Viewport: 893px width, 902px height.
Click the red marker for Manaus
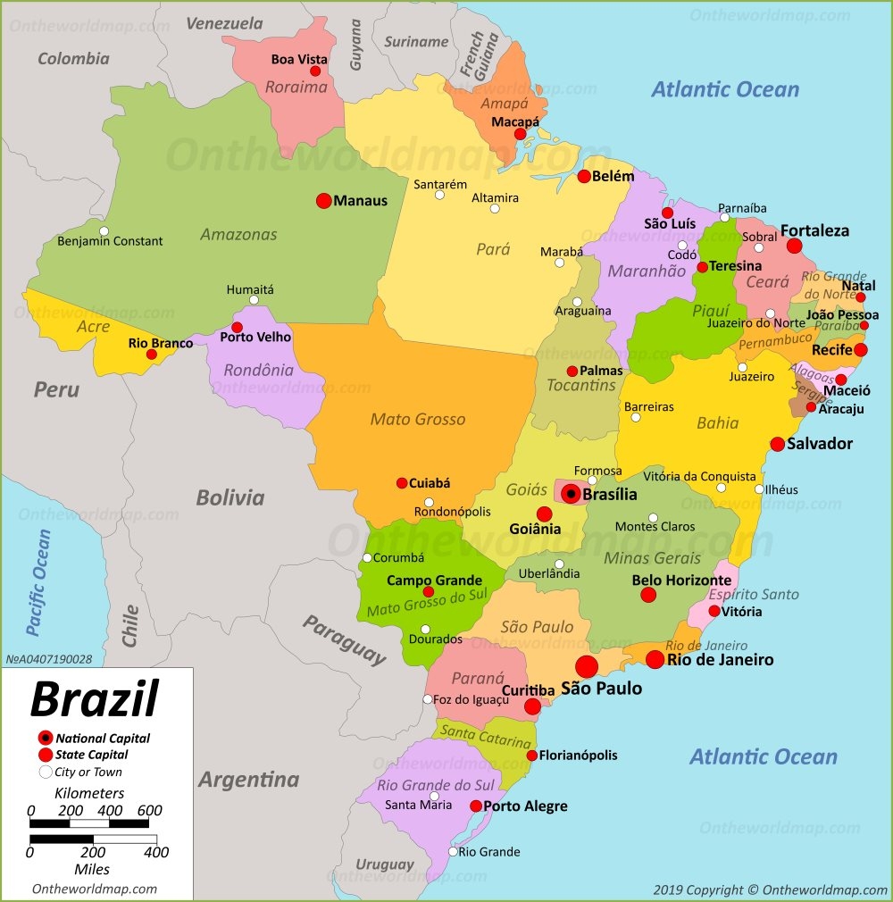[324, 201]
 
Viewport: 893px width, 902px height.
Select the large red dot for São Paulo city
[587, 666]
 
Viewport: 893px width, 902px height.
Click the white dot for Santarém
[439, 195]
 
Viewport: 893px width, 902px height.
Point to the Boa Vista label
[299, 60]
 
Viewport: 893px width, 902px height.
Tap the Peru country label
[56, 389]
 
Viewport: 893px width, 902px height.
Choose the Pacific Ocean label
[38, 582]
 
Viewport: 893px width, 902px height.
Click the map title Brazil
[95, 698]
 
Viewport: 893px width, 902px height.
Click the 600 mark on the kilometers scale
[149, 810]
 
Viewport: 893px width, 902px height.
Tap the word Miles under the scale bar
[92, 869]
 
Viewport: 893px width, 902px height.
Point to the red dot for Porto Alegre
[476, 806]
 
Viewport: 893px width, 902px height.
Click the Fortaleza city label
[814, 230]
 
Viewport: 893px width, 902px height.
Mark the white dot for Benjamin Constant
[104, 231]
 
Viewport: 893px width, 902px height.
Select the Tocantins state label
[582, 385]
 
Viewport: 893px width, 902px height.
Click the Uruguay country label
[385, 864]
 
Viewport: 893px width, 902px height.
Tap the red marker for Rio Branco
[152, 355]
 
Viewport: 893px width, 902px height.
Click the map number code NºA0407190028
[49, 659]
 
